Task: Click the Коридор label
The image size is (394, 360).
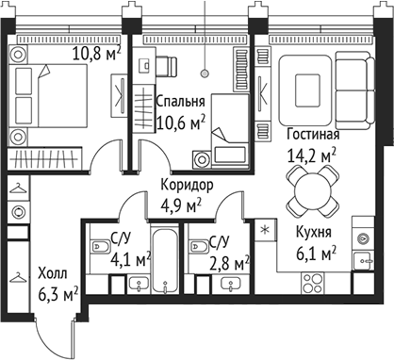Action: coord(187,186)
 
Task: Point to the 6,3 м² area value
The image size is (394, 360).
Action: coord(56,293)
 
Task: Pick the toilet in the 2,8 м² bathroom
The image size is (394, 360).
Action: coord(199,247)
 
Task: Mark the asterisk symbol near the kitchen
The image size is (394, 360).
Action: coord(265,230)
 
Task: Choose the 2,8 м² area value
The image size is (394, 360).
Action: coord(229,261)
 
